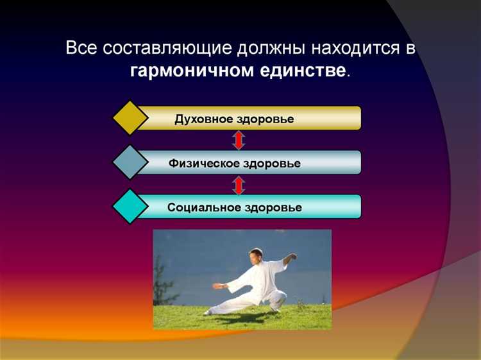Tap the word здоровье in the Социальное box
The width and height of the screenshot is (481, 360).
tap(273, 208)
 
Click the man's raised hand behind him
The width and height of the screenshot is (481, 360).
tap(294, 258)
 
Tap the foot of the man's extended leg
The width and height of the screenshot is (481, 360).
tap(207, 312)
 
